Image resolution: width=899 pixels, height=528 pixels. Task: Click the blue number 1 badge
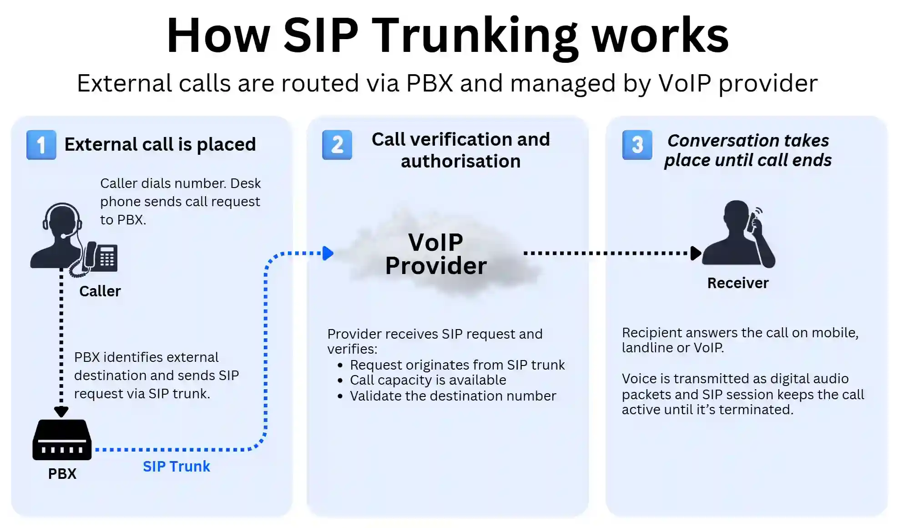(x=41, y=145)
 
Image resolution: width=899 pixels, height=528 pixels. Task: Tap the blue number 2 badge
(x=337, y=145)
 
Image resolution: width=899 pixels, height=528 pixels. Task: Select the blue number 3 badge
(x=637, y=145)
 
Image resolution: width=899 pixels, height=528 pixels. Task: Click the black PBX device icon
(x=62, y=440)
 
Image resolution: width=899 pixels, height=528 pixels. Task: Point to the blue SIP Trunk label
(x=177, y=467)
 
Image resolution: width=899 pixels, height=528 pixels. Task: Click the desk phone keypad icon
(x=106, y=258)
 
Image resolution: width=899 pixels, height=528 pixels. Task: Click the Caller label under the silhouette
(x=100, y=291)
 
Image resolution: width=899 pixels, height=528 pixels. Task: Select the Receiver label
(x=737, y=283)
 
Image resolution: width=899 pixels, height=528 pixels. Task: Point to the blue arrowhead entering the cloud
(x=328, y=253)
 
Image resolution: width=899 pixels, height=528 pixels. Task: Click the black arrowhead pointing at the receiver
(x=696, y=253)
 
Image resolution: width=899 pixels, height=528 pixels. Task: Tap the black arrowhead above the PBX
(x=61, y=411)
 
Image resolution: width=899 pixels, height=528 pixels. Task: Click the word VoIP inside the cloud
(x=435, y=242)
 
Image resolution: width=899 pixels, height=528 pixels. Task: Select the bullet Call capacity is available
(x=428, y=380)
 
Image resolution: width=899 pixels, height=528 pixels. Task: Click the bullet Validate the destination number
(x=453, y=396)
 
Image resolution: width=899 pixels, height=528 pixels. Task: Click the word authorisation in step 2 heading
(x=460, y=162)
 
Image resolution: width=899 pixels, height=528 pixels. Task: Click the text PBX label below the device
(x=62, y=474)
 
